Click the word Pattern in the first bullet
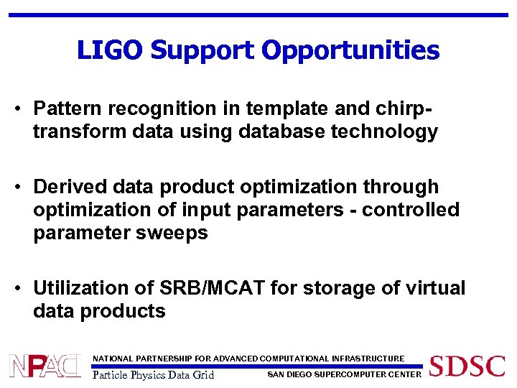pos(65,108)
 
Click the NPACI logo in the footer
pos(45,366)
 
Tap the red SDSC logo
pos(467,366)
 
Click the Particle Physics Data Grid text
pos(154,374)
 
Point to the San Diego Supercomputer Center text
pos(344,374)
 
